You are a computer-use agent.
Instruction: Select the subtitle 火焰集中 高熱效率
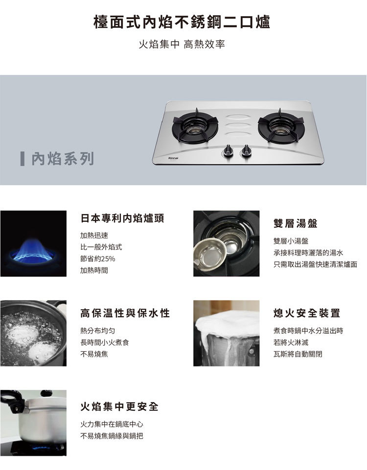coord(182,44)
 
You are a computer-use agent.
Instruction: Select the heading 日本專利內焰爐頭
coord(122,218)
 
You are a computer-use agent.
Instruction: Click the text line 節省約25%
coord(97,258)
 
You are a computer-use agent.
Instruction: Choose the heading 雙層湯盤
coord(296,223)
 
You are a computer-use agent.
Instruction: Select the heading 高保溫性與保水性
coord(125,313)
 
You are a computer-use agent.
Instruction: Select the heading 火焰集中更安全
coord(119,406)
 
